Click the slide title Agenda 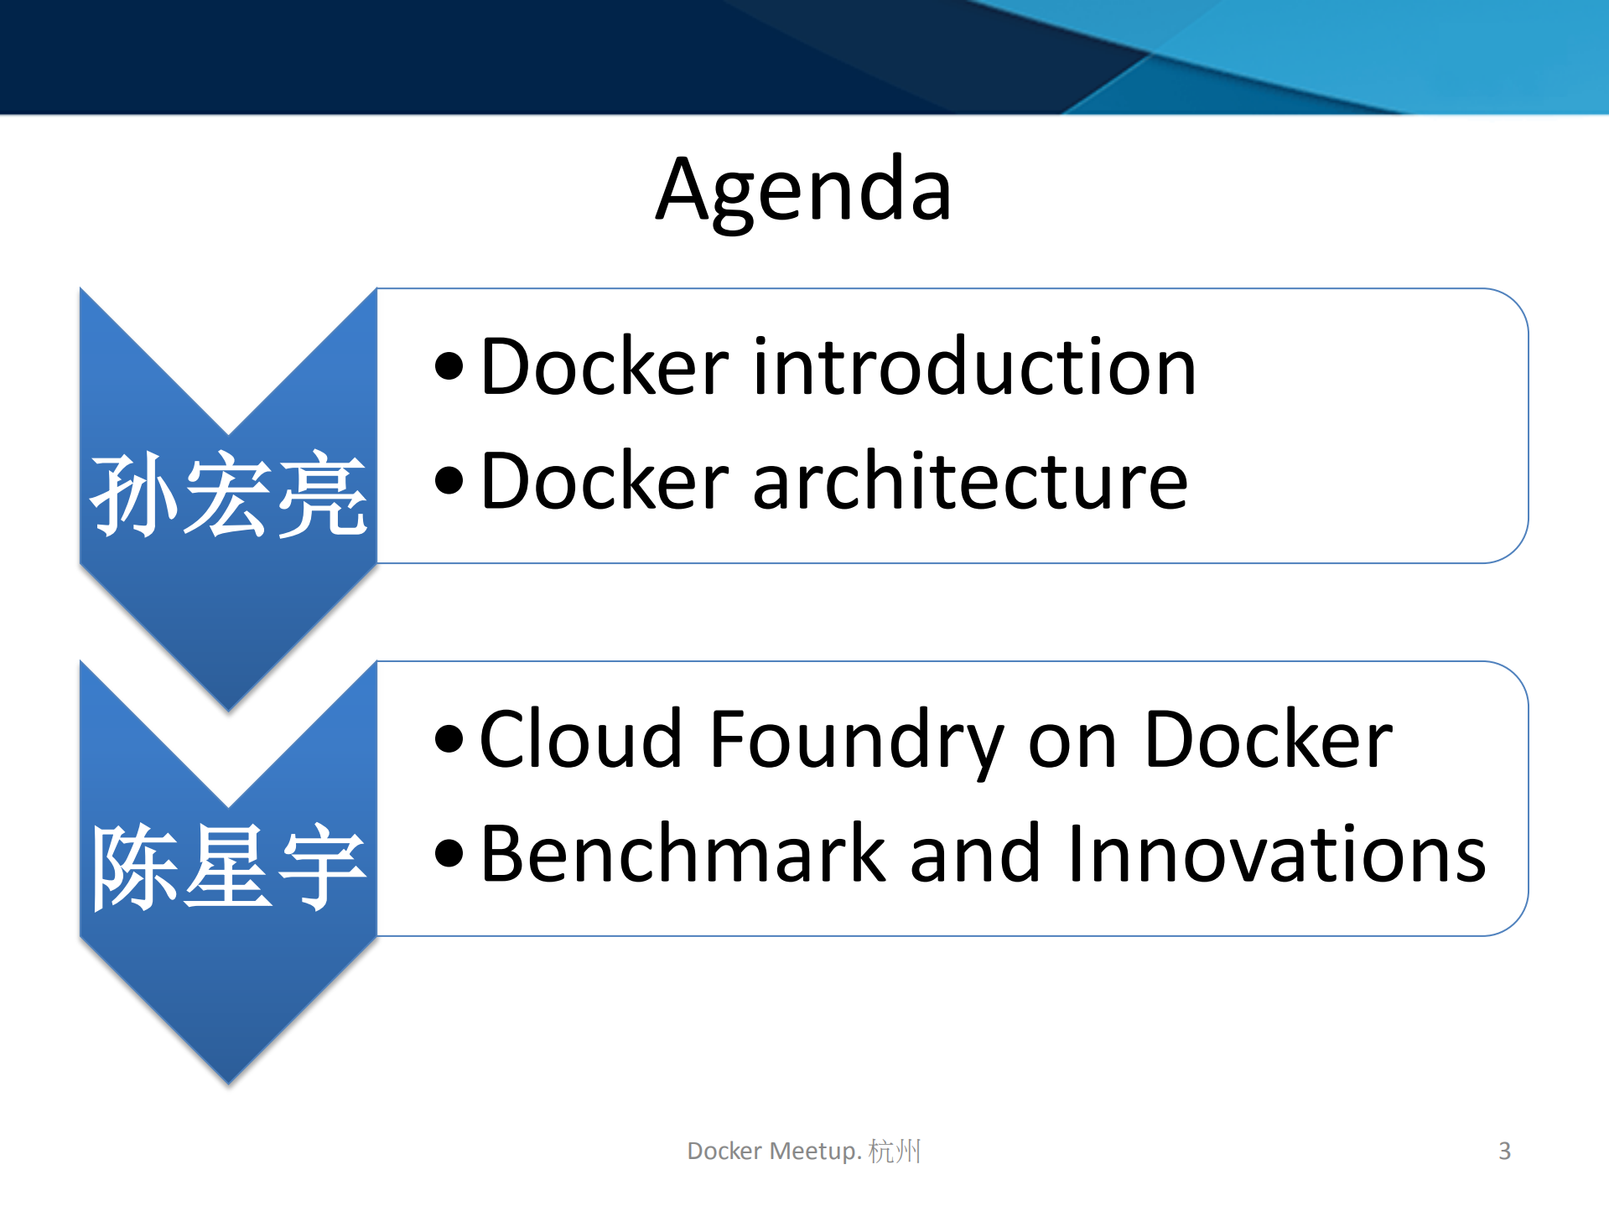coord(803,191)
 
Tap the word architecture coord(970,482)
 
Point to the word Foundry coord(855,742)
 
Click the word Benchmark coord(683,854)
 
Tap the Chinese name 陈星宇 coord(228,867)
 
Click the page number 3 coord(1504,1151)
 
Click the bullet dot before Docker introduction coord(449,366)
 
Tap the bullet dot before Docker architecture coord(449,481)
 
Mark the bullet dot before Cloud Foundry coord(449,738)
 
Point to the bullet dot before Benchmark coord(449,853)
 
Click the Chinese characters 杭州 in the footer coord(895,1151)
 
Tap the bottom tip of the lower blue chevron coord(228,1081)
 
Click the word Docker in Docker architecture coord(605,482)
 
